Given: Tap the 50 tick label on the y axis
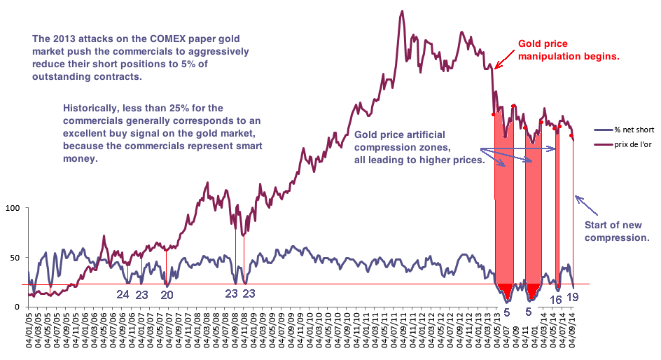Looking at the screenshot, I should point(15,258).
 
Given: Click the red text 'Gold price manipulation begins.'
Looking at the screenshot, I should point(569,50).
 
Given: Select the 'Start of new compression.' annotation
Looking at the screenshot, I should point(617,231).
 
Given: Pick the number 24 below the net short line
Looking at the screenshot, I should point(123,294).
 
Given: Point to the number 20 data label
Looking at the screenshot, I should point(167,294).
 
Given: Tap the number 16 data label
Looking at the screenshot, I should point(556,300).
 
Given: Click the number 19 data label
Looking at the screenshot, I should point(572,297).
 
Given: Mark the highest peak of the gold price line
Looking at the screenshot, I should point(402,11).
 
